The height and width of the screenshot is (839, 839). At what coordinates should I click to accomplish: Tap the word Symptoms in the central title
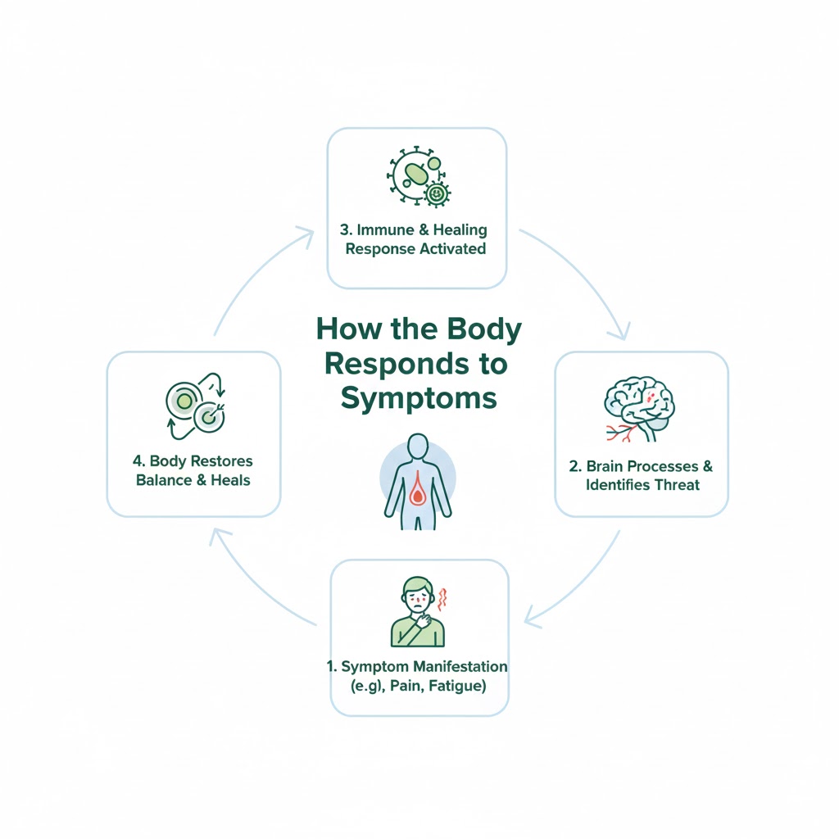(x=419, y=397)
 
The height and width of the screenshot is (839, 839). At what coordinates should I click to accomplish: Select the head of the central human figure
(x=418, y=447)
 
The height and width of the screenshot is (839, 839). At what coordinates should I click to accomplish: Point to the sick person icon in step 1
(x=417, y=611)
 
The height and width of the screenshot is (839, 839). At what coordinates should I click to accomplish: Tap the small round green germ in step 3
(x=438, y=193)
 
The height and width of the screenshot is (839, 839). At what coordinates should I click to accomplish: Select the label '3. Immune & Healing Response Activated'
(x=415, y=239)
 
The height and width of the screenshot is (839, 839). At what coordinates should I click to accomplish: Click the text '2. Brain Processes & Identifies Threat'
(x=642, y=475)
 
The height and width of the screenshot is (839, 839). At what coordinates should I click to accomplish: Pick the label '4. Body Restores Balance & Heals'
(x=193, y=470)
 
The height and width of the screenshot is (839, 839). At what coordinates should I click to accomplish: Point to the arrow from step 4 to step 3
(x=254, y=274)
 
